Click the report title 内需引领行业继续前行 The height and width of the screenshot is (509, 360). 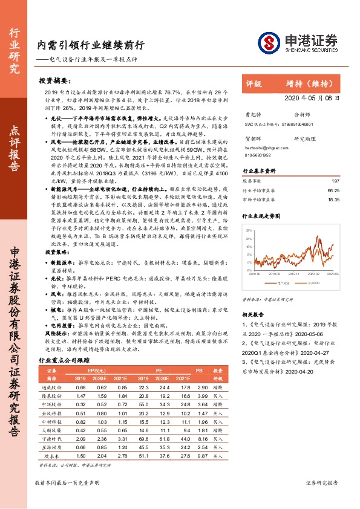91,45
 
